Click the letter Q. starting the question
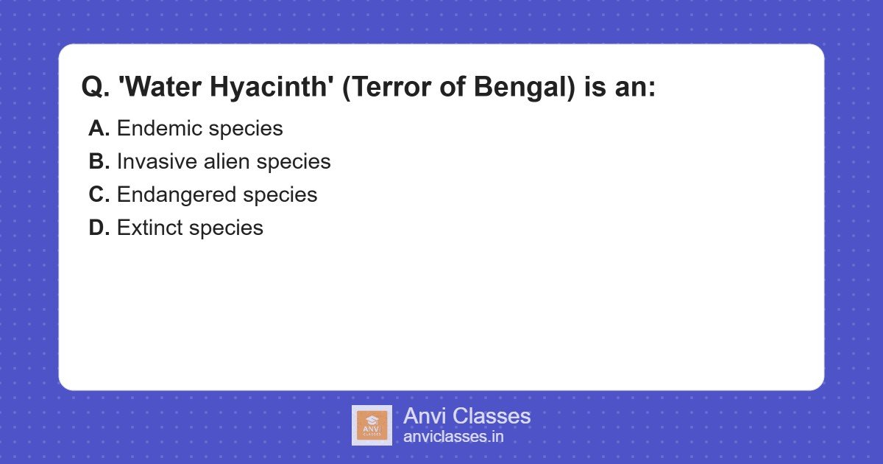coord(95,87)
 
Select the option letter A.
coord(99,128)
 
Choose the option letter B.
coord(99,161)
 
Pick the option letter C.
coord(99,194)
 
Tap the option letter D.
coord(99,228)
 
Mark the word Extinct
coord(149,228)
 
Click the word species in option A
coord(246,128)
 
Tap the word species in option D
coord(226,228)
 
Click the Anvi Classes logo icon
coord(372,425)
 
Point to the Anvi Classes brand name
coord(467,416)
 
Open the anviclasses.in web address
coord(453,436)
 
